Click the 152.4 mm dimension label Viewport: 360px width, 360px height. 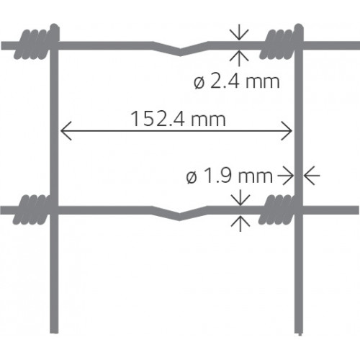[178, 119]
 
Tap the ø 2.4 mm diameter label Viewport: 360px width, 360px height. [237, 81]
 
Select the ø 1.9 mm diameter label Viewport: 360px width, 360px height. [230, 176]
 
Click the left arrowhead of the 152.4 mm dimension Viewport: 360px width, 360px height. [66, 131]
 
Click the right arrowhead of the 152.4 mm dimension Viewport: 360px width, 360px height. [287, 131]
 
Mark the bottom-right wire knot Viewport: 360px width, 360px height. [280, 209]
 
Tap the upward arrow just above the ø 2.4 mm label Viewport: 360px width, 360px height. [239, 58]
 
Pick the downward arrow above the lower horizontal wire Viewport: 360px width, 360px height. [240, 197]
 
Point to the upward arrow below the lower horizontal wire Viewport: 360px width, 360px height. [240, 223]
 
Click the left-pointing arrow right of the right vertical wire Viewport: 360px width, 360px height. [312, 176]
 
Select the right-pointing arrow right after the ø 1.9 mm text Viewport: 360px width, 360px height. [286, 176]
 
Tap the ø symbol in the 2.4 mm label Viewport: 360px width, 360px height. [199, 83]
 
